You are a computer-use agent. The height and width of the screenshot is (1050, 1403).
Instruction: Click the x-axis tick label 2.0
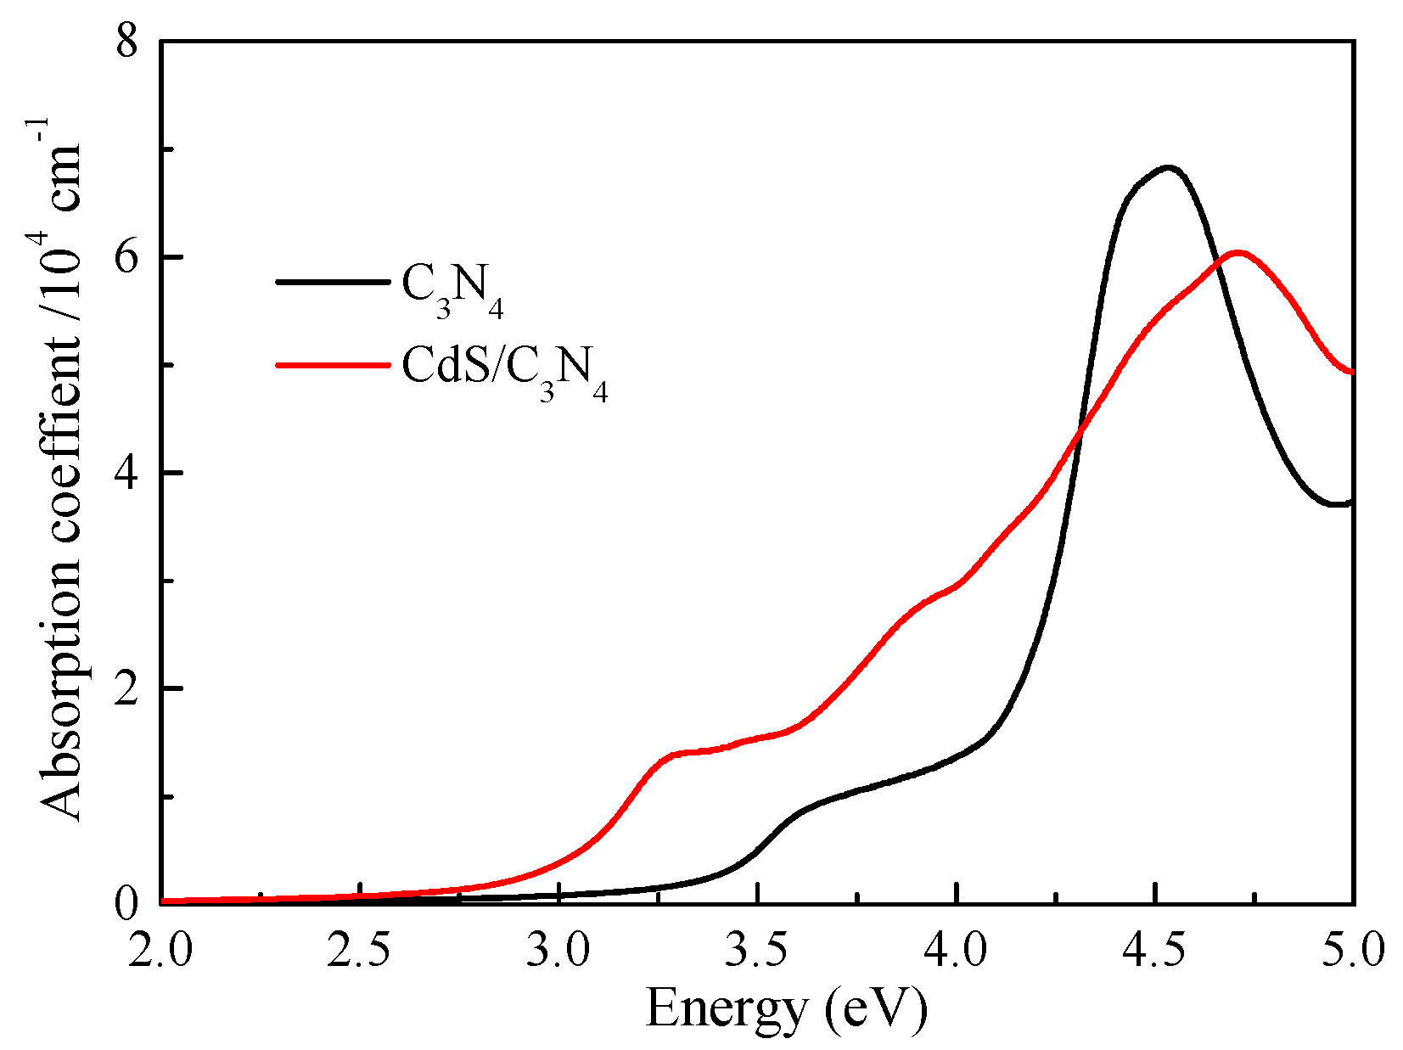(x=160, y=950)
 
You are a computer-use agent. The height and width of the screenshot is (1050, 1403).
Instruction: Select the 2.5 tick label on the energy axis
(x=360, y=950)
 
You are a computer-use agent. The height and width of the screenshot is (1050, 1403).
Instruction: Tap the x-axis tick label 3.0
(x=558, y=950)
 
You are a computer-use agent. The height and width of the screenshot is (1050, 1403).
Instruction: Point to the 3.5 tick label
(x=757, y=950)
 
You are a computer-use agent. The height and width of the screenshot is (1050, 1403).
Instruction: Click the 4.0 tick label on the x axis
(x=957, y=950)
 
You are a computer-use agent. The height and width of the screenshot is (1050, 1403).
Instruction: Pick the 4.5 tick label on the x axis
(x=1155, y=950)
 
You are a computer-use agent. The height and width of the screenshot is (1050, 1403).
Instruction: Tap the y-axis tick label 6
(x=126, y=258)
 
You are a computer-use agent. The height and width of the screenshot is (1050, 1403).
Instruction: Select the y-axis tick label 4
(x=126, y=473)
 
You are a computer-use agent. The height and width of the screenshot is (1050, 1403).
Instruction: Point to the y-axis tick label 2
(x=126, y=688)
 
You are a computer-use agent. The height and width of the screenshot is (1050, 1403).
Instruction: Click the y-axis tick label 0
(x=126, y=903)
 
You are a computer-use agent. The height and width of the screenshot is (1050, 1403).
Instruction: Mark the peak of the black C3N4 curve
(x=1169, y=168)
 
